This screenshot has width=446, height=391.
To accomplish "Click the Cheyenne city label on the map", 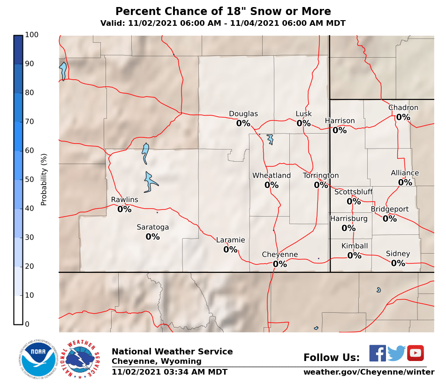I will (x=280, y=255).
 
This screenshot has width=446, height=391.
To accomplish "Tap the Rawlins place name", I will (x=124, y=200).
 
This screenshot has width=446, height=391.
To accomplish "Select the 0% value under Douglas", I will (x=243, y=123).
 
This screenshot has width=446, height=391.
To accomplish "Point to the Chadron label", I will (x=403, y=108).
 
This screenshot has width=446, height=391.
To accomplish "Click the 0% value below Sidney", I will (x=398, y=263).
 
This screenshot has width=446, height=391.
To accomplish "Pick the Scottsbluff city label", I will (x=353, y=192).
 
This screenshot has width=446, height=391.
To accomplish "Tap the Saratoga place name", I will (x=152, y=227).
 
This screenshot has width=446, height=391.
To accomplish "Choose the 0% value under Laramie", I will (x=230, y=250).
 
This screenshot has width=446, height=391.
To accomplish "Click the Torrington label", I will (x=321, y=176).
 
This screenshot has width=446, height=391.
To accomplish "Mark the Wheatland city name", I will (x=272, y=176).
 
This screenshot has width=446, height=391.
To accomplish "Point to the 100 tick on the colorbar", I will (x=32, y=35).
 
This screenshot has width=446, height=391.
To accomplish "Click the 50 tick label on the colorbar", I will (x=30, y=180).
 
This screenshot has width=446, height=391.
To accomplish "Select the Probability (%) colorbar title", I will (x=44, y=179).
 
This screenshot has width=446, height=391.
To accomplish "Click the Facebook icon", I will (x=377, y=353).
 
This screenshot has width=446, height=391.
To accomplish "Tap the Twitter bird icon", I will (x=397, y=353).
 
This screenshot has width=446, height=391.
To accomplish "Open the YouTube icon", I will (x=416, y=353).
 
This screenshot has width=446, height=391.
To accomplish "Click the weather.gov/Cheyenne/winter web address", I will (x=369, y=372).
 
